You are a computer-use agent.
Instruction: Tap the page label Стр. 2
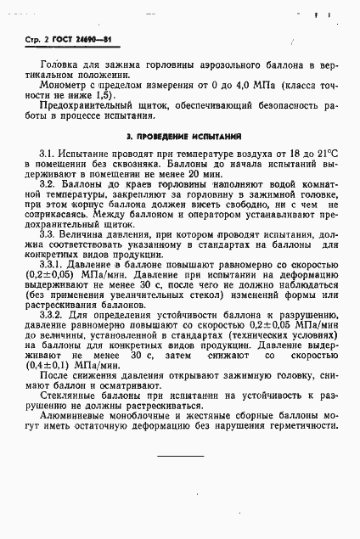click(x=31, y=41)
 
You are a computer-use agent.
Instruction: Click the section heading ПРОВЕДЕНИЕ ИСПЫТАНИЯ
click(x=184, y=136)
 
